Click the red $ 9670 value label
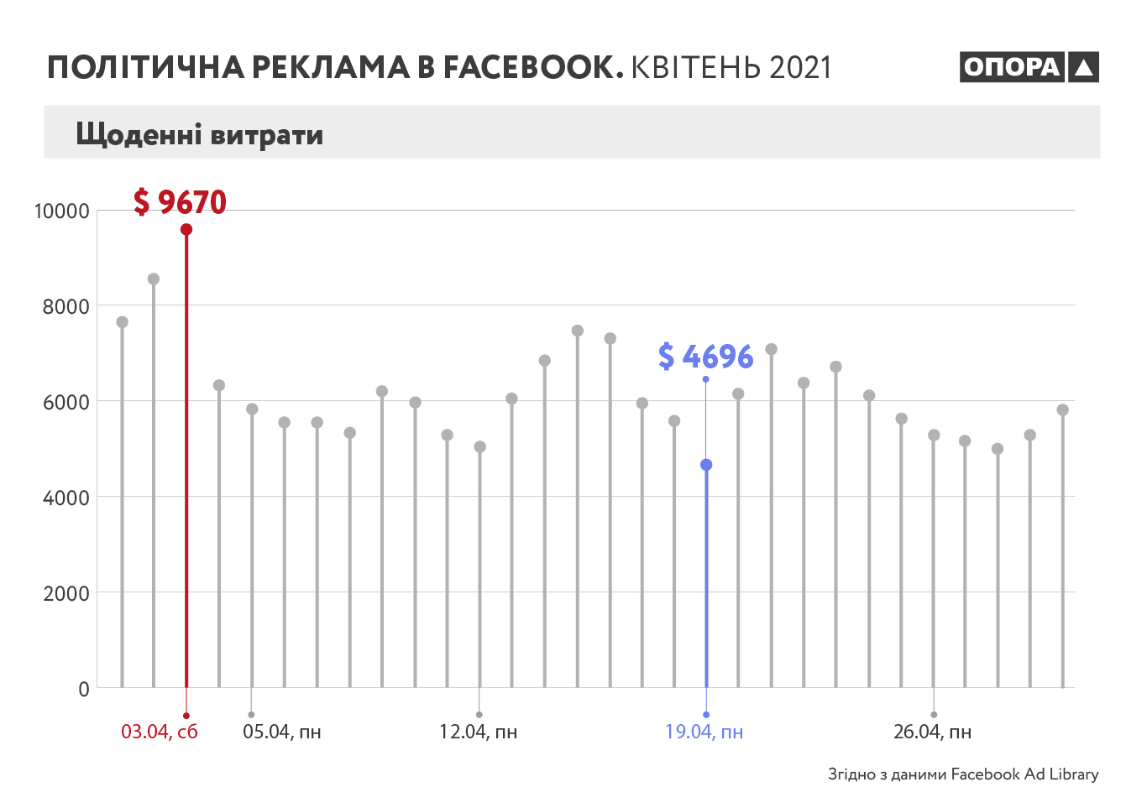tap(180, 202)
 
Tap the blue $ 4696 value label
tap(705, 357)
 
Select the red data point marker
tap(186, 229)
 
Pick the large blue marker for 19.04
tap(706, 465)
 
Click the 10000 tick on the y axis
tap(61, 211)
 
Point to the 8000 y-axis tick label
tap(65, 306)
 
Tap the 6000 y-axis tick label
tap(65, 402)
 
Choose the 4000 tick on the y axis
tap(65, 498)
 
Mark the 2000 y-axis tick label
tap(65, 593)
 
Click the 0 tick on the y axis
tap(83, 689)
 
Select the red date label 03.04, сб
tap(160, 732)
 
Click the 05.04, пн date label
tap(282, 732)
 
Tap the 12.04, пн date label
tap(478, 732)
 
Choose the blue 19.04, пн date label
tap(704, 732)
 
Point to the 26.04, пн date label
tap(932, 732)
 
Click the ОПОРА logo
tap(1029, 67)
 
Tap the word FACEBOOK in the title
tap(533, 67)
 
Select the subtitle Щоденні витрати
tap(199, 134)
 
